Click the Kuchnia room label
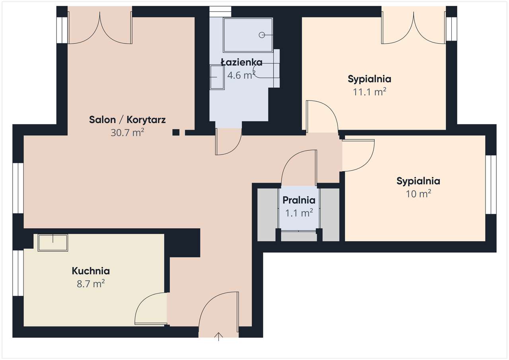91,271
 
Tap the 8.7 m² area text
91,284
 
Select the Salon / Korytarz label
127,120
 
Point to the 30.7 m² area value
127,132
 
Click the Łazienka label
241,62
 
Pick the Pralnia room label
299,200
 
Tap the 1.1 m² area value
299,213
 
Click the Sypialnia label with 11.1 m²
369,79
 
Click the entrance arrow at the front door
218,337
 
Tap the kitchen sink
53,242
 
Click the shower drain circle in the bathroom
262,35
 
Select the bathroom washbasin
217,77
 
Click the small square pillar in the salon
176,132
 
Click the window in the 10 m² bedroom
491,184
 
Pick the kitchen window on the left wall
18,273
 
